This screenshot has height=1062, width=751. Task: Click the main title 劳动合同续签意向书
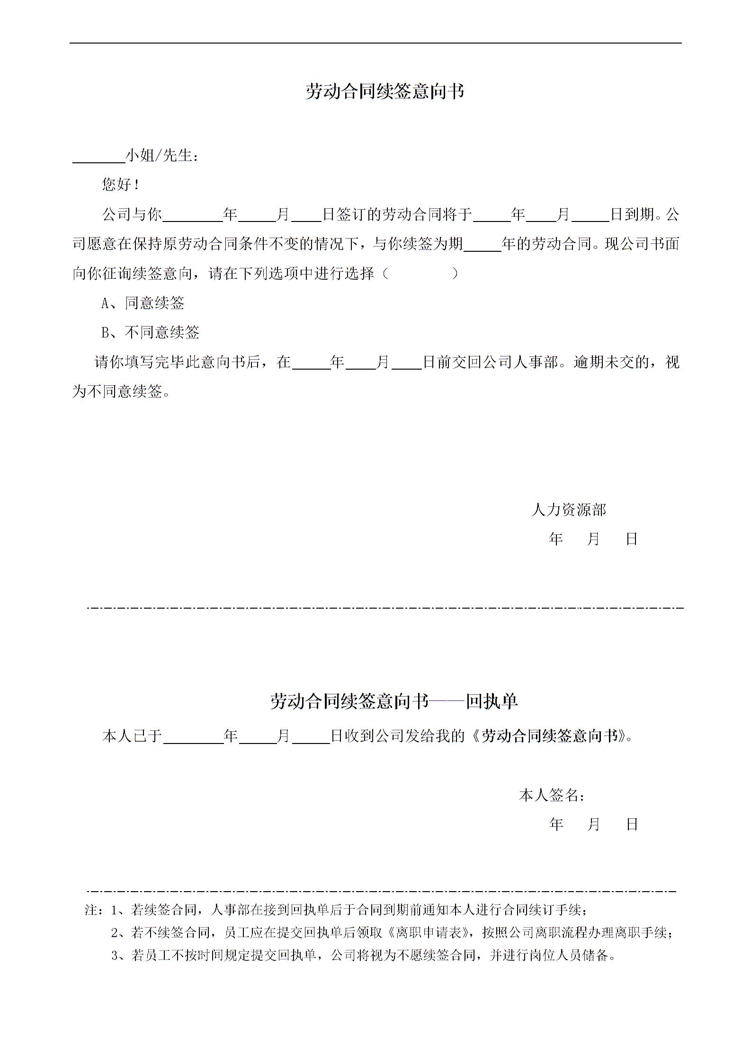pos(384,91)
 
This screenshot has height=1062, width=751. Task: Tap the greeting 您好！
pos(120,185)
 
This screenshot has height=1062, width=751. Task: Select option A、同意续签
pos(143,303)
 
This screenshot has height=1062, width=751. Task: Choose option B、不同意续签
pos(151,333)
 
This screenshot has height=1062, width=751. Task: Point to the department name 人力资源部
pos(569,510)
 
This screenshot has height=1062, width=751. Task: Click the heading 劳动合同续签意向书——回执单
pos(394,701)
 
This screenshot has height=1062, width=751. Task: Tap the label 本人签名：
pos(552,796)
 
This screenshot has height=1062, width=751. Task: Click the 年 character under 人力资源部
pos(556,539)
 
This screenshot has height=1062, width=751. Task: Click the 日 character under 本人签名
pos(632,824)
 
